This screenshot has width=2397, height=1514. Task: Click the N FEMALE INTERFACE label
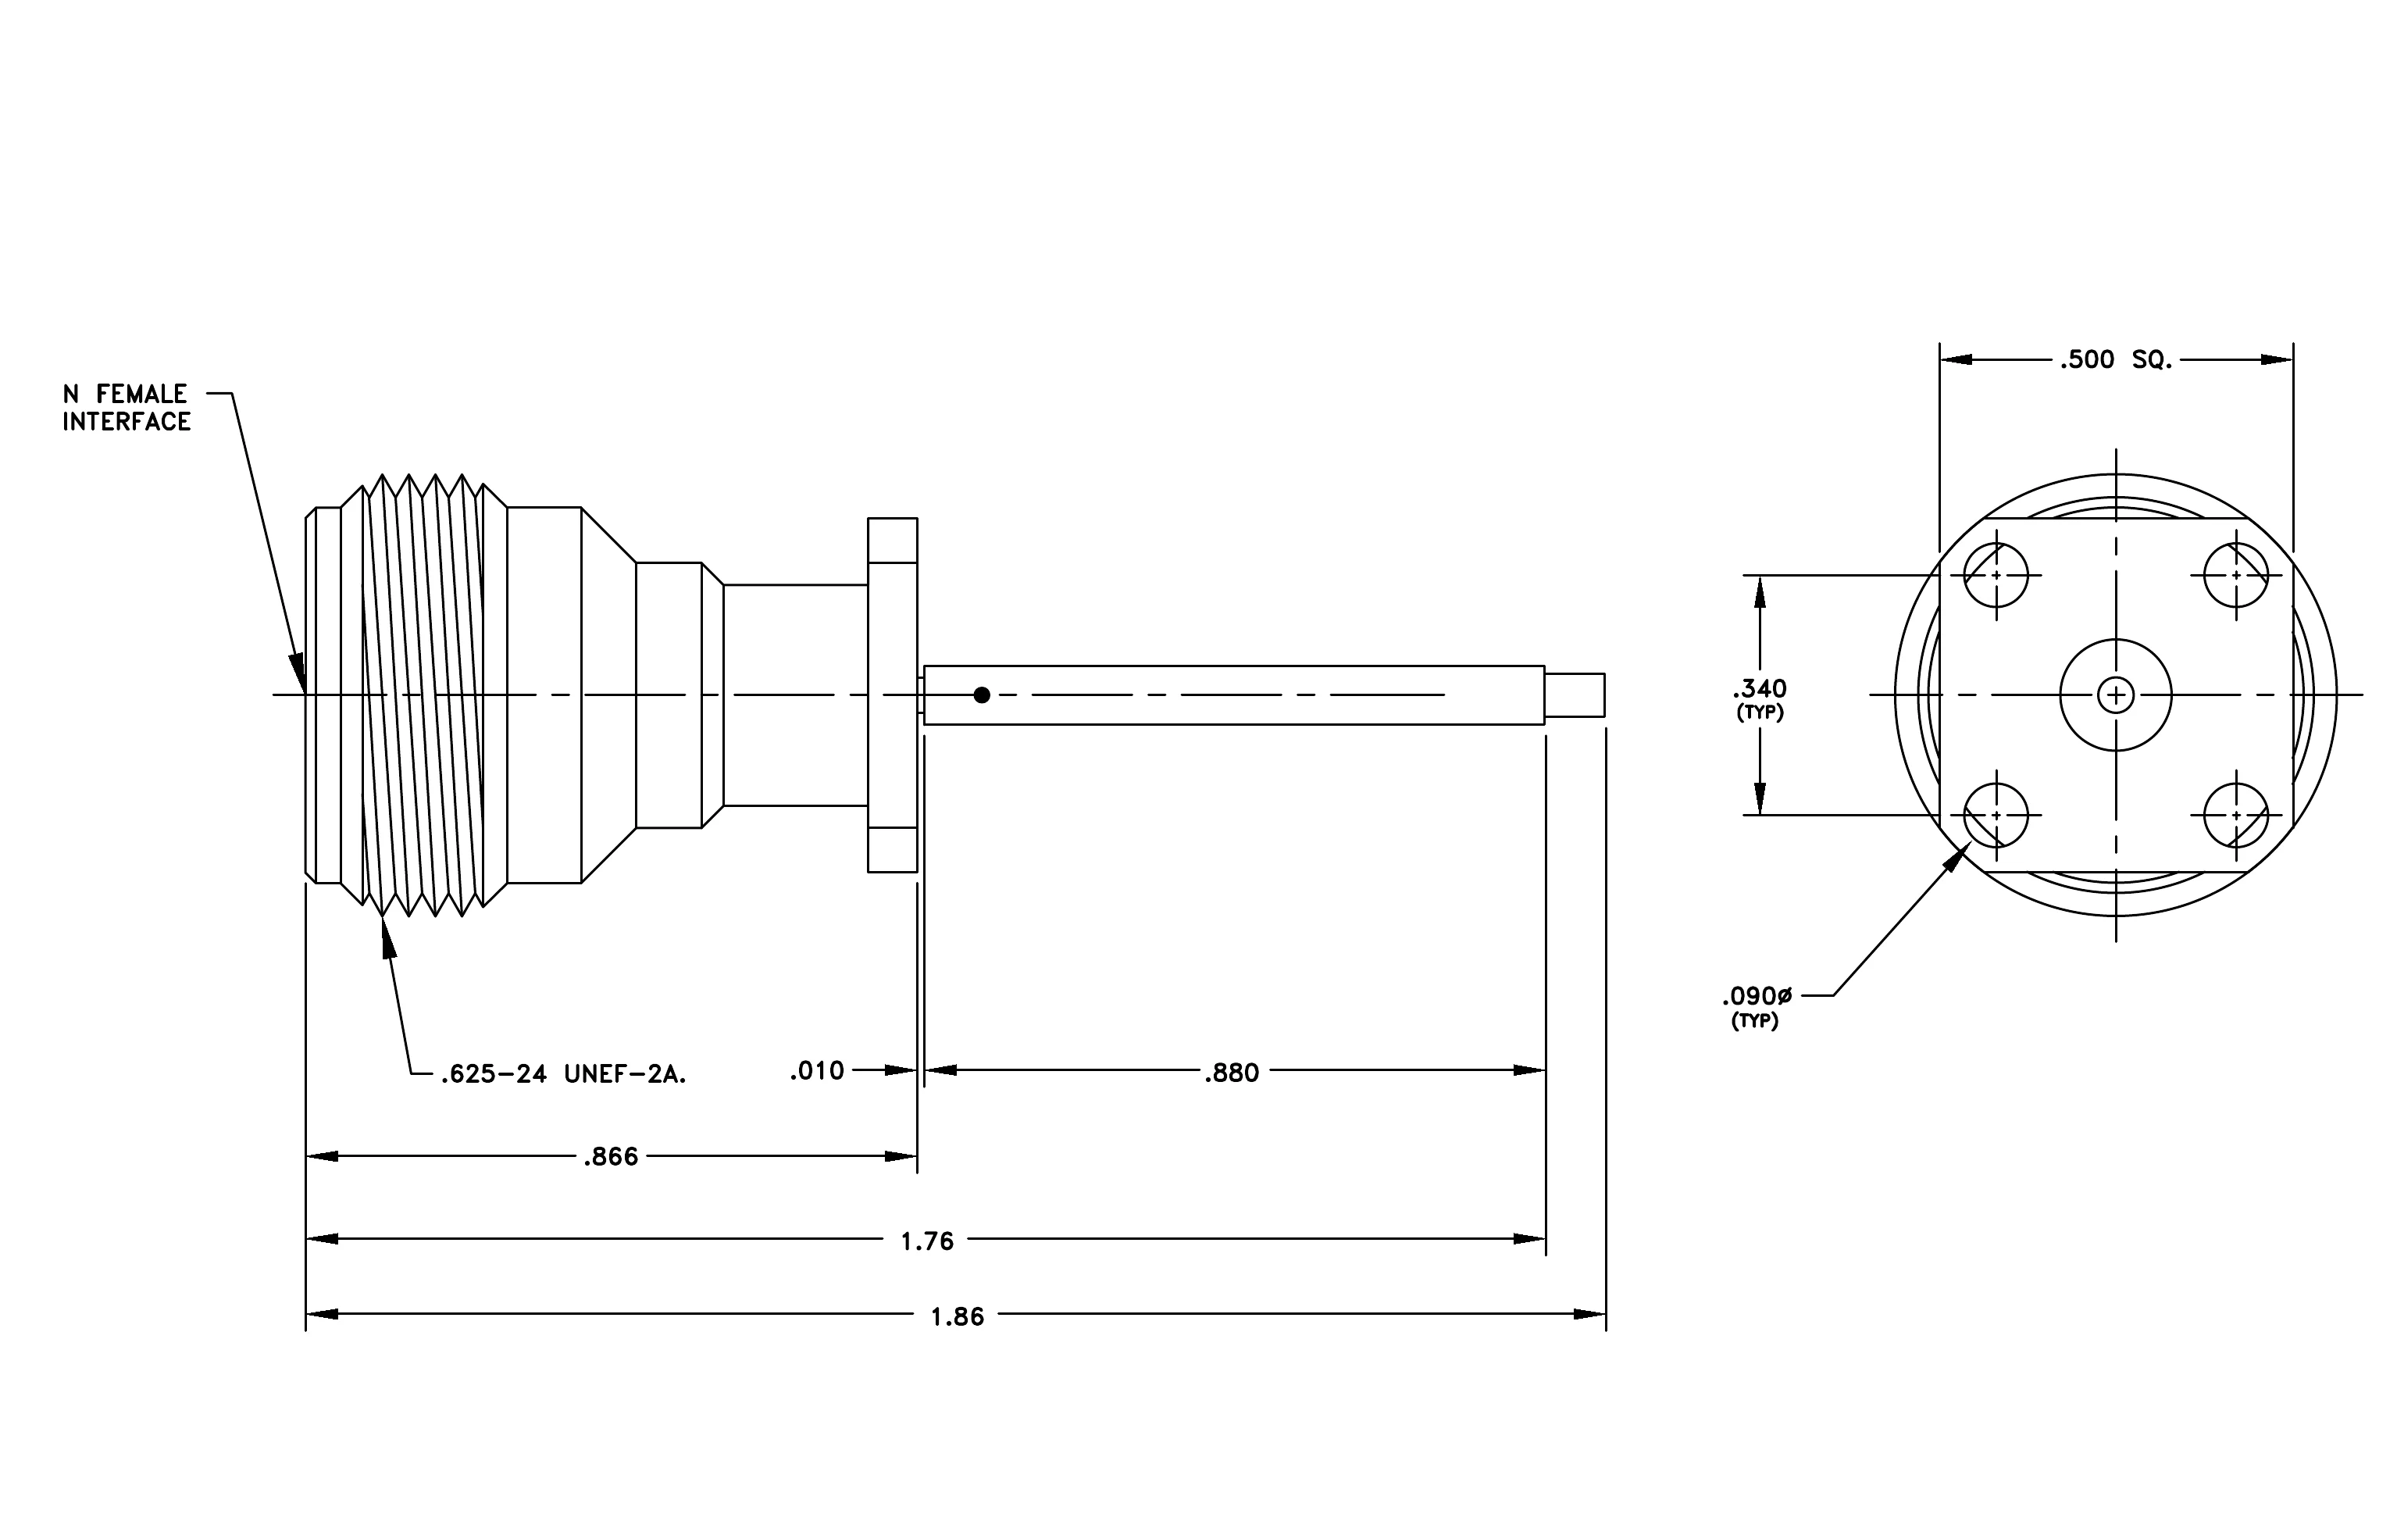127,408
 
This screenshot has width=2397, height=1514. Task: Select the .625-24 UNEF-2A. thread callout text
563,1074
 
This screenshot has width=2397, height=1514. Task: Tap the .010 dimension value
816,1071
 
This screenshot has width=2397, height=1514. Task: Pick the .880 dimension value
1232,1073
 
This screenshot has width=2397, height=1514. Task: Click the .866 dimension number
610,1157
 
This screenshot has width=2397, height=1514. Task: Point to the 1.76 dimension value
927,1241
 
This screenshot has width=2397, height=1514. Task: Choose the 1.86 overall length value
957,1317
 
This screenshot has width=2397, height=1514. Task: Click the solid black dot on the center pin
982,695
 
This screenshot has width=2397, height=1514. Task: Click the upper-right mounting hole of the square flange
2236,575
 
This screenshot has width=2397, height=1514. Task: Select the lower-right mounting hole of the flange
2236,816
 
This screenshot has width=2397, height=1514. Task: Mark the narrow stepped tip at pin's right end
1575,695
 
